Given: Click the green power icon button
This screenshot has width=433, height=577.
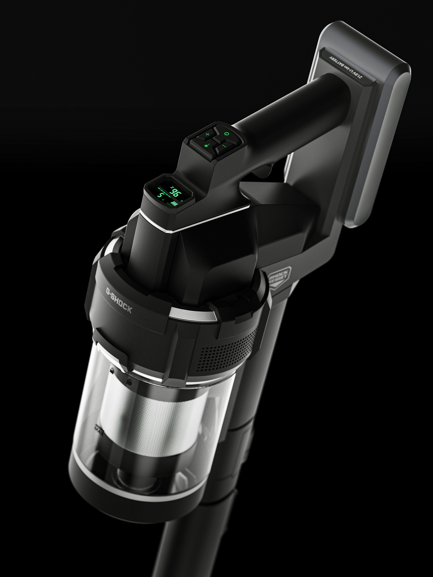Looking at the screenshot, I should pos(227,134).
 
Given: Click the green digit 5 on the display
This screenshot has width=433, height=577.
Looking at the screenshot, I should pos(161,195).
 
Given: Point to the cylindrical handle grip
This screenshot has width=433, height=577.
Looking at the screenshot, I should pos(294,102).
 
